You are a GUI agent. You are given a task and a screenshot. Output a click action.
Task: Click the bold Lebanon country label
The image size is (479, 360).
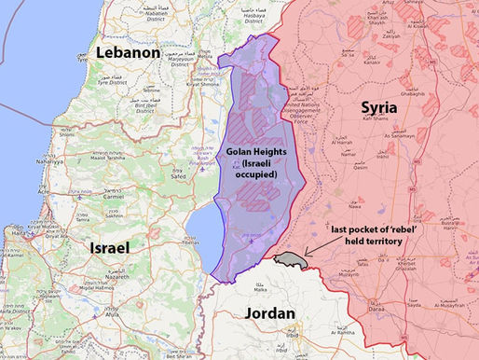[128, 54]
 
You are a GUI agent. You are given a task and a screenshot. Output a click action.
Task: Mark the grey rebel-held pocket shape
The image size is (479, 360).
[297, 256]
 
